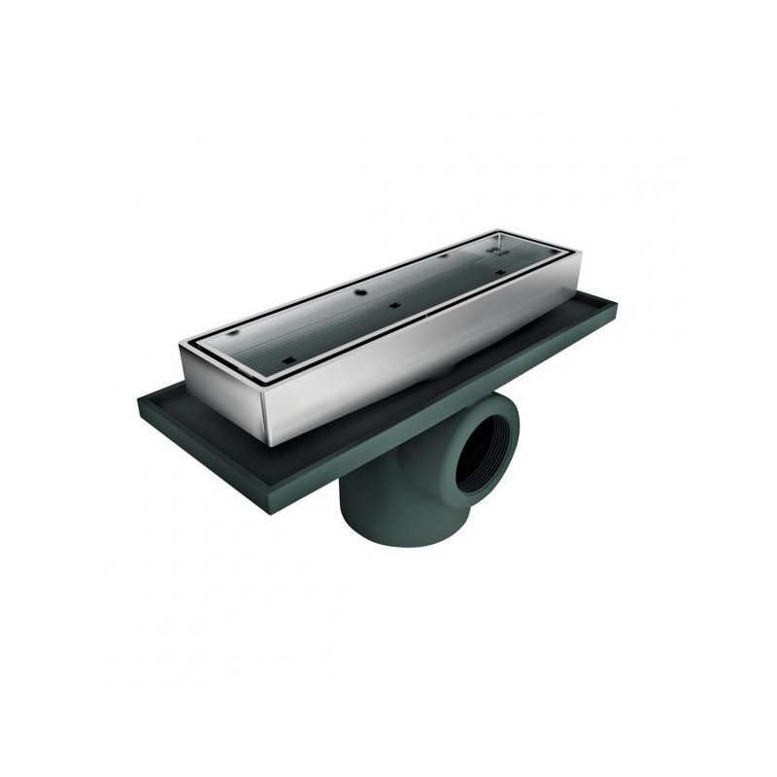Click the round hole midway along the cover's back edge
click(x=360, y=290)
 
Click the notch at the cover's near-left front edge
click(x=288, y=361)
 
